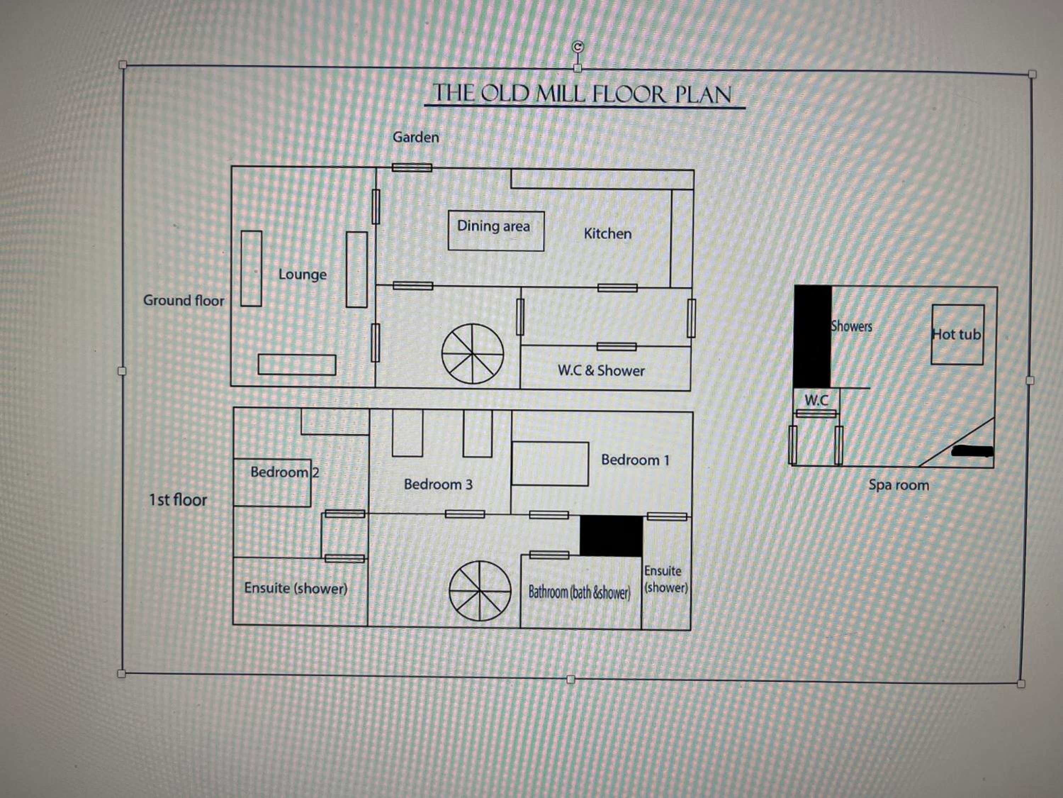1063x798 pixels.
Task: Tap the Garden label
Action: tap(416, 137)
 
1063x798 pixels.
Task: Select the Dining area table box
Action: tap(496, 231)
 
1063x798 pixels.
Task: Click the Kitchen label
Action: tap(607, 234)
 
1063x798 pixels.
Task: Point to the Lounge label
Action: tap(302, 275)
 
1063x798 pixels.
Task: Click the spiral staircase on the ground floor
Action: tap(473, 354)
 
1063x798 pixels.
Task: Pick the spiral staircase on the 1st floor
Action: tap(480, 591)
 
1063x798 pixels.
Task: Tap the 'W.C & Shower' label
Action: tap(601, 370)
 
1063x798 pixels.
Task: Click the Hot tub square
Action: tap(957, 334)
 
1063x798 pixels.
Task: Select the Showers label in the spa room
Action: tap(851, 326)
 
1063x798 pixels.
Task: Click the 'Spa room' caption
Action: tap(899, 485)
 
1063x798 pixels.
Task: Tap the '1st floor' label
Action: tap(178, 500)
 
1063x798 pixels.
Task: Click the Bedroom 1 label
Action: tap(635, 460)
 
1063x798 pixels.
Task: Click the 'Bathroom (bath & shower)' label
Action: tap(579, 593)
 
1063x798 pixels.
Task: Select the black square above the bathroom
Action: tap(611, 536)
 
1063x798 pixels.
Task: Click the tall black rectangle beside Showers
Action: tap(812, 336)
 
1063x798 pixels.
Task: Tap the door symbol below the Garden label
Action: tap(412, 167)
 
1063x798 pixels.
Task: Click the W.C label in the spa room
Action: tap(816, 400)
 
